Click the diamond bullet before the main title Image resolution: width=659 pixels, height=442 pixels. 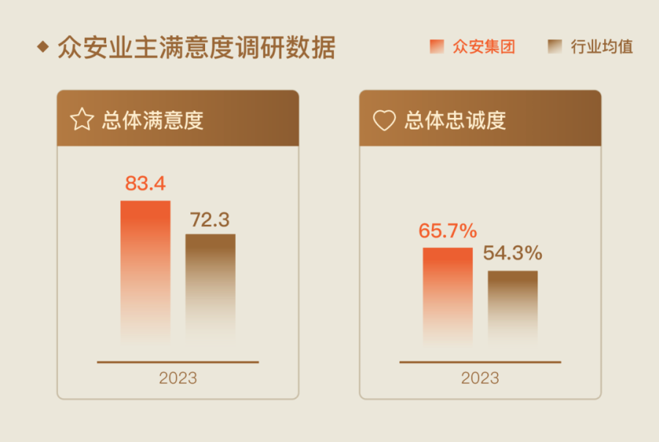[x=42, y=48]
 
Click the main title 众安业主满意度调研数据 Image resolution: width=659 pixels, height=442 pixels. [x=196, y=48]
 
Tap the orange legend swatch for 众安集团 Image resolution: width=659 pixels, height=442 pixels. [x=436, y=47]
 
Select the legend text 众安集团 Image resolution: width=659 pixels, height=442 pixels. [x=484, y=48]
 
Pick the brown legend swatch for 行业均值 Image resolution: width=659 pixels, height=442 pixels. [x=554, y=47]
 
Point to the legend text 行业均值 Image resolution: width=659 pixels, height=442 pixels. [x=602, y=48]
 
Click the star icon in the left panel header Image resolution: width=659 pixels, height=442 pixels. [x=81, y=119]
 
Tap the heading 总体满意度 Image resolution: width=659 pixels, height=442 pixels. [x=152, y=120]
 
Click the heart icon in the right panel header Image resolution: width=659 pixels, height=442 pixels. [x=384, y=120]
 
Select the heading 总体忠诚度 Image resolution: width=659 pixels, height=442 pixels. [x=455, y=120]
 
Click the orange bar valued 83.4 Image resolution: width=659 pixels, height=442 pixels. [x=146, y=271]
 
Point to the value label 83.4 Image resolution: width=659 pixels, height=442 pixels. [x=146, y=184]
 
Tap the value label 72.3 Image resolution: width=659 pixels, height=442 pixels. [x=210, y=219]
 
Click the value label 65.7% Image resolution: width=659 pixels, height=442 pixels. [x=447, y=231]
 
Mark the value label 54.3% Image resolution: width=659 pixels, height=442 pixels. [x=513, y=254]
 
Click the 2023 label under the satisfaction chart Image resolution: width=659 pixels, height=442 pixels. [x=178, y=378]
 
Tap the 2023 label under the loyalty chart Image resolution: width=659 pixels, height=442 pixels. [x=480, y=378]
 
